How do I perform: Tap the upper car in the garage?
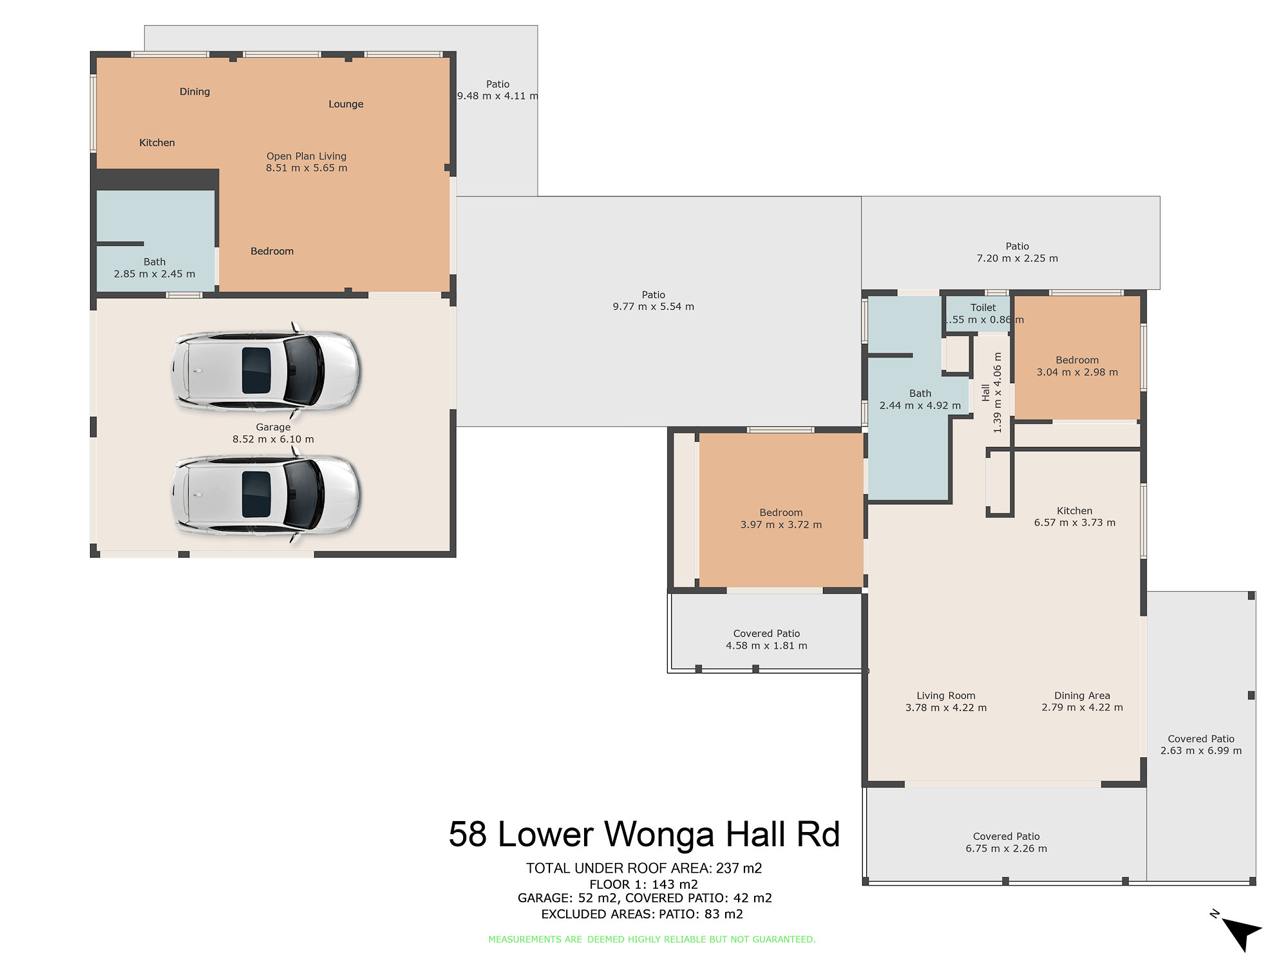click(x=265, y=370)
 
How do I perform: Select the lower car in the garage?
click(x=265, y=495)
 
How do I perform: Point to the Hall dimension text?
click(x=992, y=392)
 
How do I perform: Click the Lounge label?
click(x=346, y=104)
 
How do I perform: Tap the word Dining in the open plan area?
click(x=194, y=92)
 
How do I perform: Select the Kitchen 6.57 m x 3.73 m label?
click(x=1075, y=516)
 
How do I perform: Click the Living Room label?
click(x=946, y=701)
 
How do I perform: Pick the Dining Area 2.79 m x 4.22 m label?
click(x=1083, y=701)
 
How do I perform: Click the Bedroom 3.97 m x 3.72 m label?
click(x=781, y=518)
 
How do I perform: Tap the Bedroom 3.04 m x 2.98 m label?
click(x=1077, y=366)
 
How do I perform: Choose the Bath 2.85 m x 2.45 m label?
click(x=155, y=268)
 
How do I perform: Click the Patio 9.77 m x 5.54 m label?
click(x=654, y=301)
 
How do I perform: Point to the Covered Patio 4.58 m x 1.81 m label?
click(x=766, y=639)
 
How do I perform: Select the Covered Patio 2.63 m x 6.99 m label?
click(x=1201, y=744)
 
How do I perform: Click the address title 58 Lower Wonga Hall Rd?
click(x=644, y=835)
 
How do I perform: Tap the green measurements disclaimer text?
click(x=652, y=940)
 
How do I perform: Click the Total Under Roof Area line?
click(x=644, y=868)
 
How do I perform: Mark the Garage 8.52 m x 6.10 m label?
click(x=273, y=433)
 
